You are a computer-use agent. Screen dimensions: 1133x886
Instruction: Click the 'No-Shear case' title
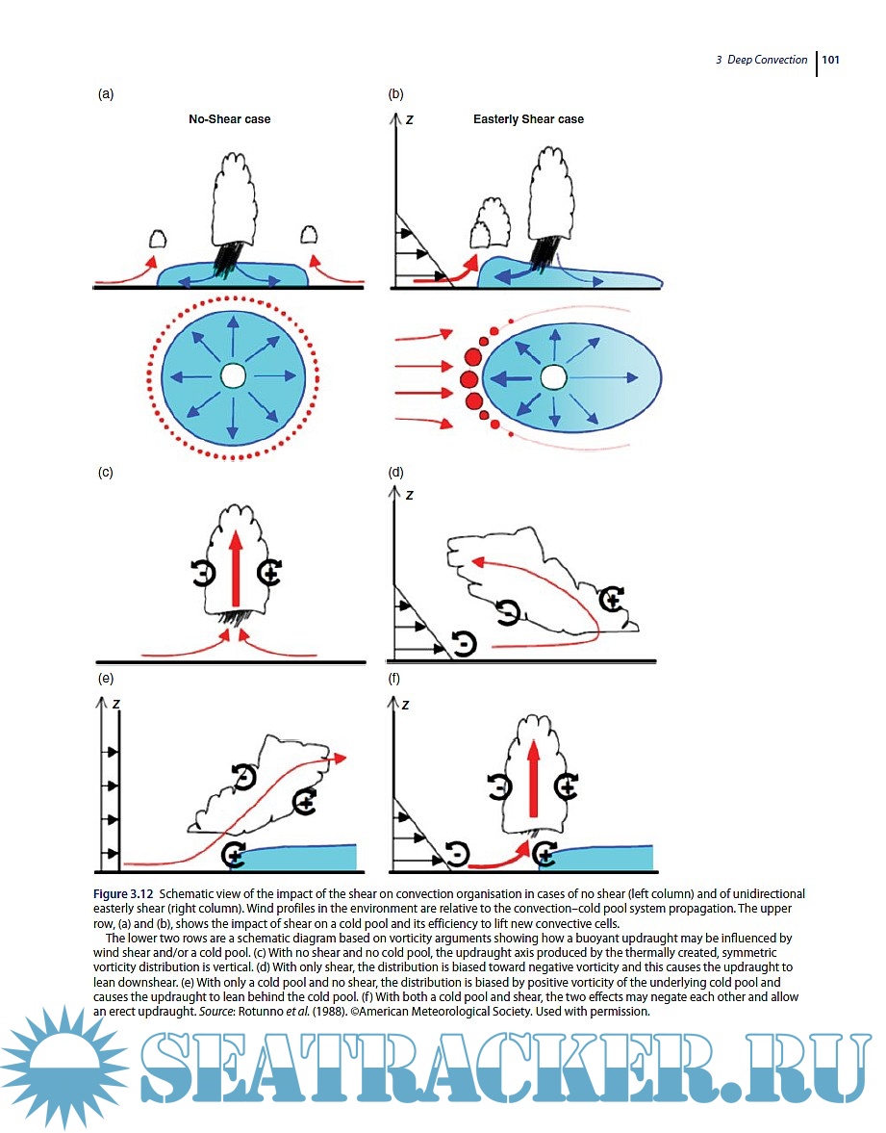(x=229, y=119)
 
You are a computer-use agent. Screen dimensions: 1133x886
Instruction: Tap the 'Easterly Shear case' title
(x=528, y=119)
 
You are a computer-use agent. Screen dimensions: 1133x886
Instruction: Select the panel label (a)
(x=106, y=94)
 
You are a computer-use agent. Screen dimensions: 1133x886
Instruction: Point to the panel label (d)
(x=395, y=473)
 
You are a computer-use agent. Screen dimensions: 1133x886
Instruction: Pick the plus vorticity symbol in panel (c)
(x=270, y=575)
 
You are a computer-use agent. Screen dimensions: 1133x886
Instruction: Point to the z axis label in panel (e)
(x=115, y=704)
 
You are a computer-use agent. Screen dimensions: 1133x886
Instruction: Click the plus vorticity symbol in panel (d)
(x=610, y=601)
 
